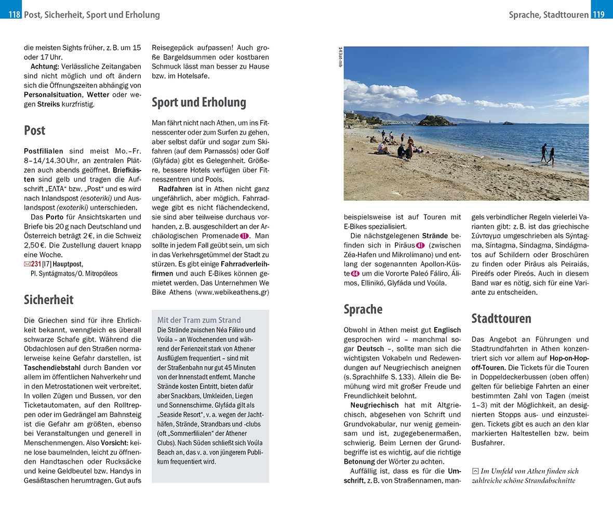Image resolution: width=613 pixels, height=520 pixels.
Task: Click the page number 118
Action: point(14,15)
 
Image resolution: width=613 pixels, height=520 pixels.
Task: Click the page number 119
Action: point(598,15)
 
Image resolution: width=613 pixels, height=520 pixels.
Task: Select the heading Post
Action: point(35,131)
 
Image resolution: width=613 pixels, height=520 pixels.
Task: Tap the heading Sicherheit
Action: point(49,300)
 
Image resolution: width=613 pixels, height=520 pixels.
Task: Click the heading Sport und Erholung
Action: point(198,102)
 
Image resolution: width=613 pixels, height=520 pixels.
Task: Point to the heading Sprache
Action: point(363,309)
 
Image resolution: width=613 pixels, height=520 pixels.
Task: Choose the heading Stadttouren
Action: point(501,318)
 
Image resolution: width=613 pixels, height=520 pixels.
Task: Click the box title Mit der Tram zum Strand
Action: point(199,320)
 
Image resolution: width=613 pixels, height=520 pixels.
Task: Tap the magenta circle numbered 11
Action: point(244,236)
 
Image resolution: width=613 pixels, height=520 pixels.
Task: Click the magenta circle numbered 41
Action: point(420,245)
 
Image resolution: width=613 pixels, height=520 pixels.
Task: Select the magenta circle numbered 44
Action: point(355,274)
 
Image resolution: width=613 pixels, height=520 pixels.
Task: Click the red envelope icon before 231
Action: point(28,264)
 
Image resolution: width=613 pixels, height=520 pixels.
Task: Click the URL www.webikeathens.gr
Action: point(232,292)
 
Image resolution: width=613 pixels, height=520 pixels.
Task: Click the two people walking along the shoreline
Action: point(547,154)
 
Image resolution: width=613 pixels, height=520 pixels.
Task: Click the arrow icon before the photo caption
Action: point(475,471)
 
